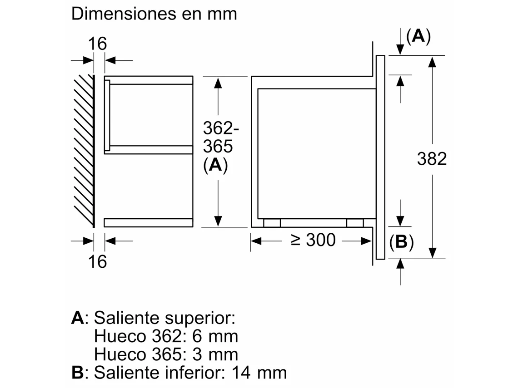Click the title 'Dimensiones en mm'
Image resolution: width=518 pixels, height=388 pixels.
[154, 14]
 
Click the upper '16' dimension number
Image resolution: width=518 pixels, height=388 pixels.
[97, 44]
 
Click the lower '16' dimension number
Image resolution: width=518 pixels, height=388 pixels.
[97, 262]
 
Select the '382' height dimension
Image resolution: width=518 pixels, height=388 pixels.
[432, 159]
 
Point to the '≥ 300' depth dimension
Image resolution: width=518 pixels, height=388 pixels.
[313, 240]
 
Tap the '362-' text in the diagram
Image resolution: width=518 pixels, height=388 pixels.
[221, 128]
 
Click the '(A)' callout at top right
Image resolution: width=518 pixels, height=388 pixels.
[418, 36]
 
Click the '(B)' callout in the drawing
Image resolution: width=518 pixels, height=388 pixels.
[401, 242]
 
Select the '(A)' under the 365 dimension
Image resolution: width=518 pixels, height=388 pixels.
[215, 165]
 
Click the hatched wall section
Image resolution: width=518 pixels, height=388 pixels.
[84, 151]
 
